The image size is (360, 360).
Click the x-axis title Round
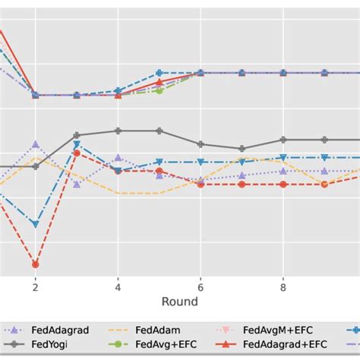coord(179,302)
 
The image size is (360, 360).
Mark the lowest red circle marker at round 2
coord(35,264)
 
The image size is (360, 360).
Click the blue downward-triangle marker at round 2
coord(35,224)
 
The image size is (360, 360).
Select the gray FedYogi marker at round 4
coord(118,131)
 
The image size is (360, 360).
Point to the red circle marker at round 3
coord(77,153)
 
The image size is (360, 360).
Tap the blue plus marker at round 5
coord(159,73)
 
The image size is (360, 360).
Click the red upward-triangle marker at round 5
coord(159,81)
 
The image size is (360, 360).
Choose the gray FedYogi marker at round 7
coord(242,149)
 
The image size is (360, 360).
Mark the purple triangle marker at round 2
coord(35,144)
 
